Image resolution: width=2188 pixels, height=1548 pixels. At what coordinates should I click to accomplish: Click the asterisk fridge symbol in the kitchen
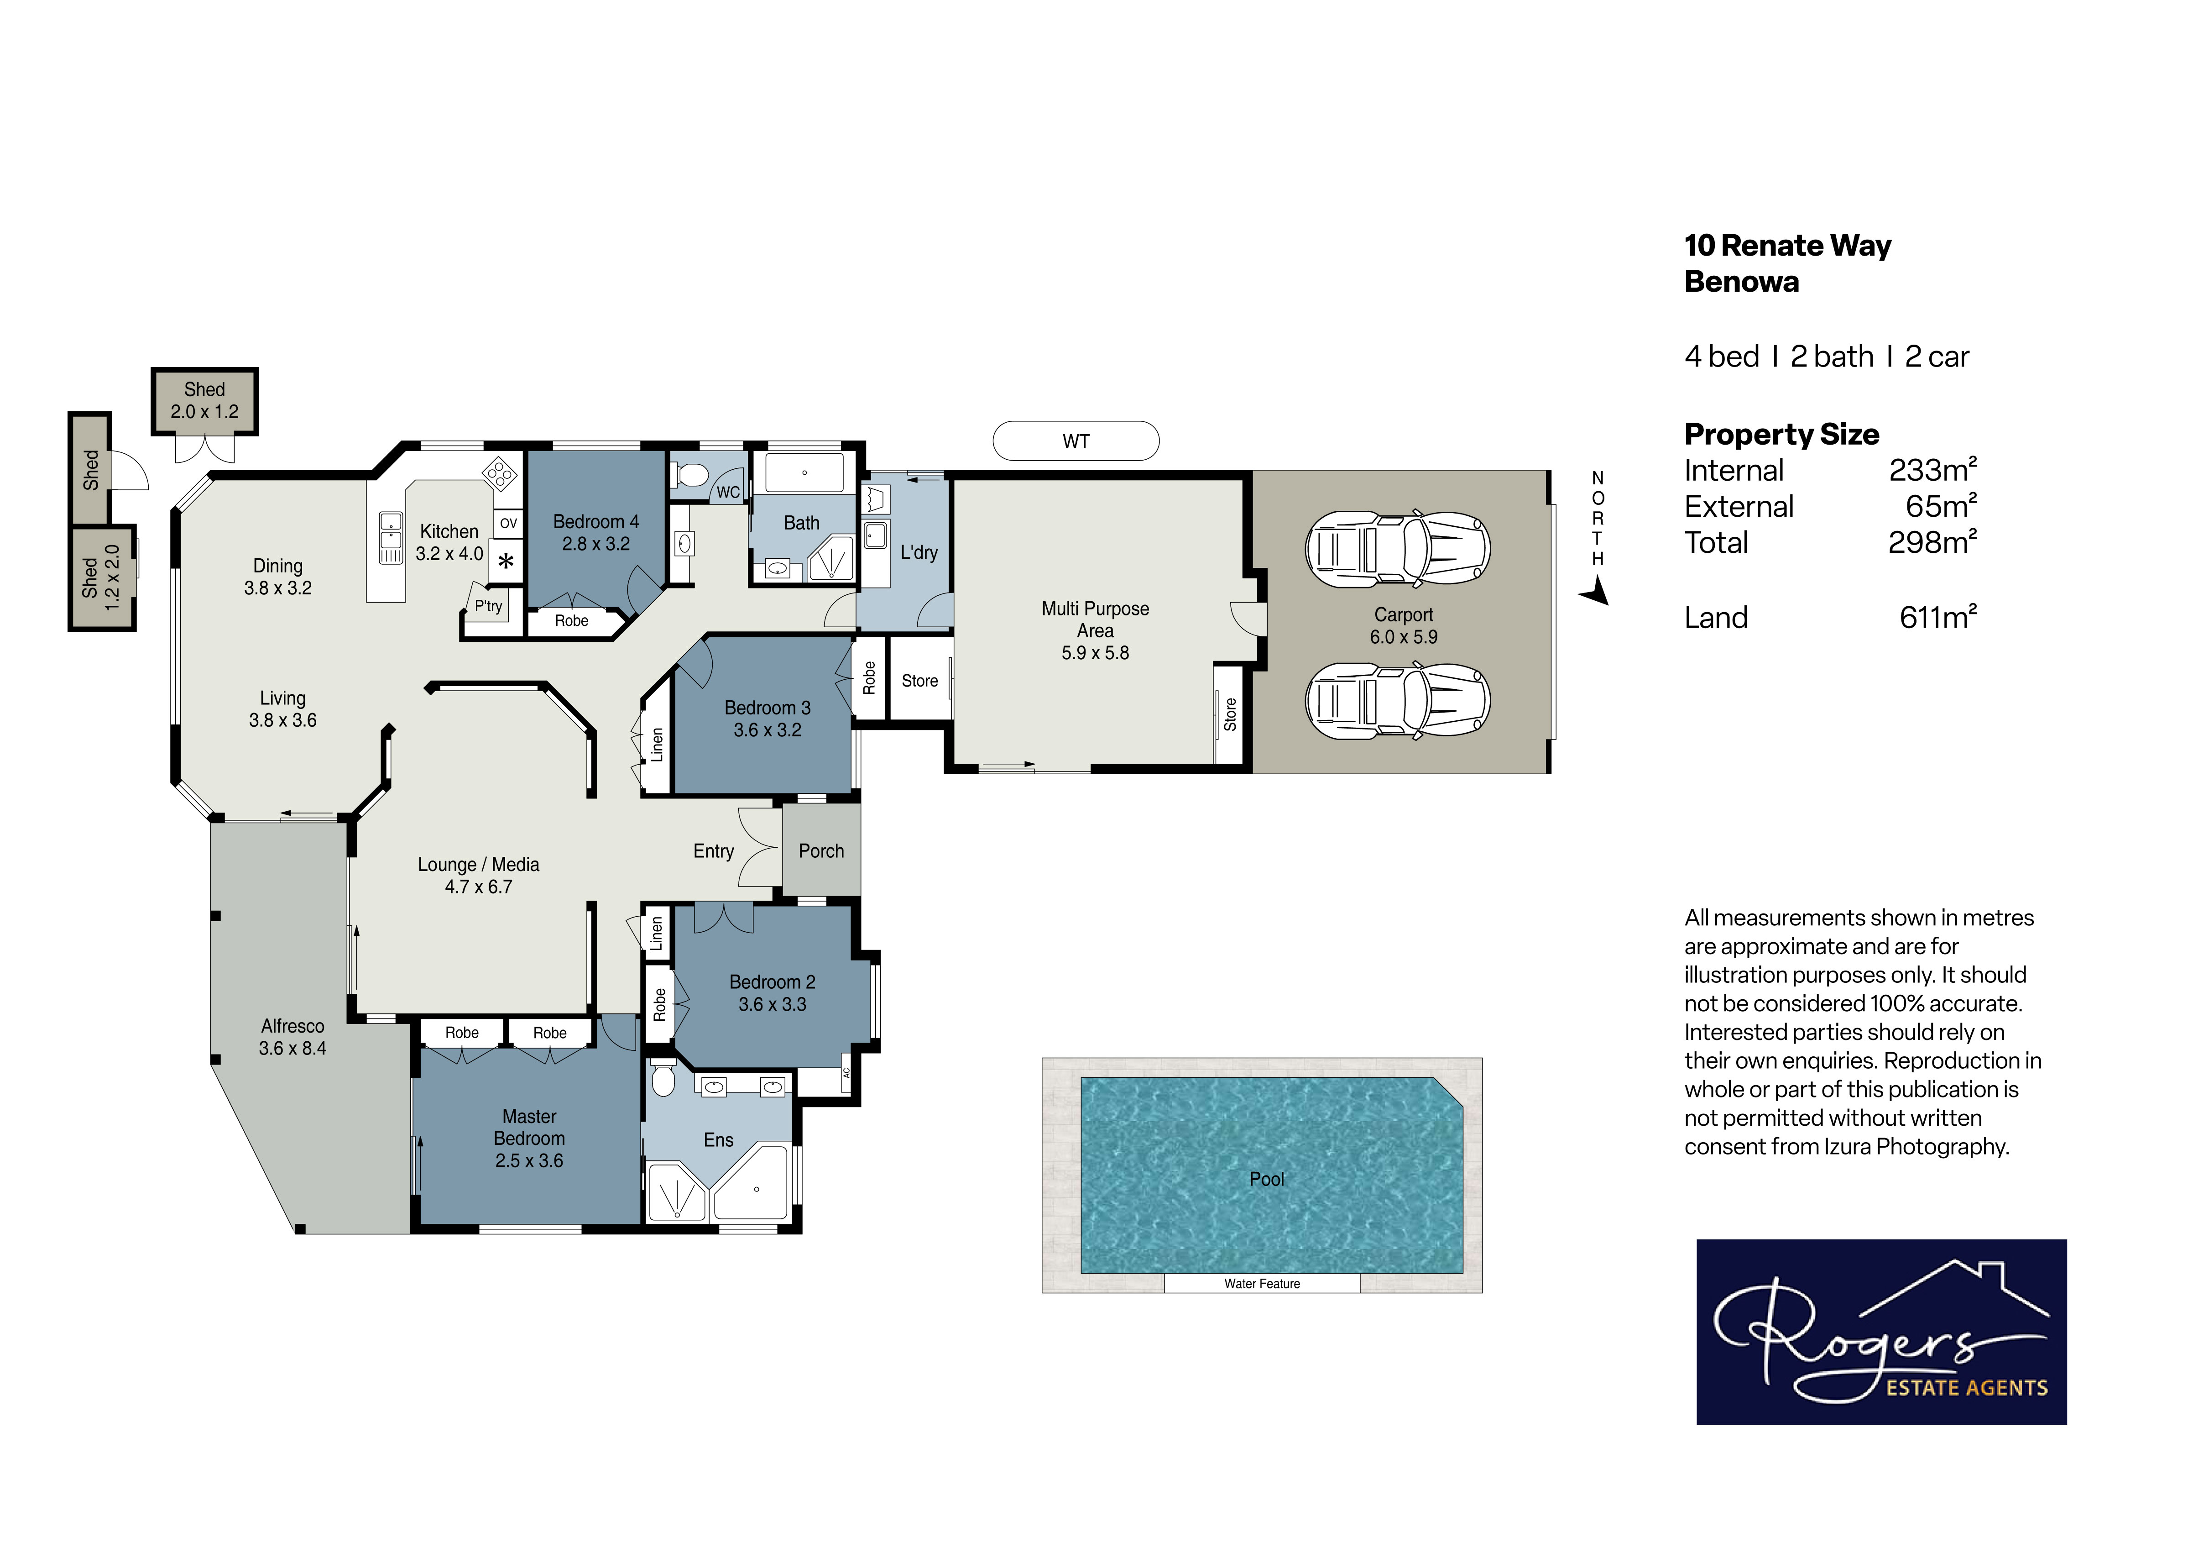pyautogui.click(x=506, y=561)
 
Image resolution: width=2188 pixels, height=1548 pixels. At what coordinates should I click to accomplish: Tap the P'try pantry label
pyautogui.click(x=488, y=606)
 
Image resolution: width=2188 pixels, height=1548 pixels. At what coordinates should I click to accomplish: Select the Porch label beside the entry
pyautogui.click(x=821, y=851)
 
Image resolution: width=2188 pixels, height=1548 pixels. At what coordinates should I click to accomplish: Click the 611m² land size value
pyautogui.click(x=1938, y=618)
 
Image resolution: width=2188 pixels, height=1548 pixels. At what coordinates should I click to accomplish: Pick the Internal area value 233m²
pyautogui.click(x=1932, y=470)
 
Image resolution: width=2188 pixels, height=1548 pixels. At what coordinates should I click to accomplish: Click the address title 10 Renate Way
pyautogui.click(x=1788, y=246)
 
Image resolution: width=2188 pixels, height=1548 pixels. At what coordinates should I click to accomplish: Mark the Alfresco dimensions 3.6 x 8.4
pyautogui.click(x=292, y=1049)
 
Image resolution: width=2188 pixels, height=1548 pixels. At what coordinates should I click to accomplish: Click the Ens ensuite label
pyautogui.click(x=719, y=1140)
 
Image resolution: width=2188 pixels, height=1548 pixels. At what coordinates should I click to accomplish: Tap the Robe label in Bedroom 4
pyautogui.click(x=572, y=620)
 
